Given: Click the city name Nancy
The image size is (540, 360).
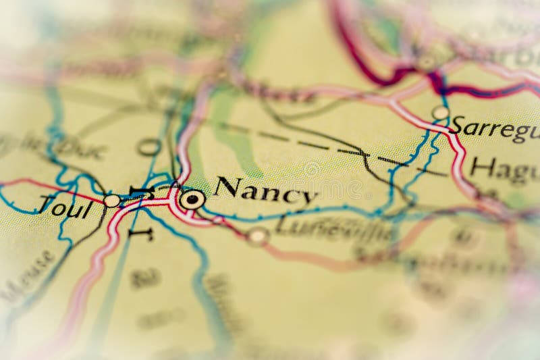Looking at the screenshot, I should pyautogui.click(x=266, y=191).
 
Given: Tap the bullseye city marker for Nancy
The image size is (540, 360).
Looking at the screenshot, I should pyautogui.click(x=193, y=199).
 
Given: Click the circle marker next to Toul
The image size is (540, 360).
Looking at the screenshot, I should pyautogui.click(x=112, y=201).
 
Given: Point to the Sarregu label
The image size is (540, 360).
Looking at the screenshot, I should pyautogui.click(x=494, y=128).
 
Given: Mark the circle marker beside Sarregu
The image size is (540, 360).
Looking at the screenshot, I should pyautogui.click(x=440, y=113).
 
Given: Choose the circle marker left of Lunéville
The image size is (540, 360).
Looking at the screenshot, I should pyautogui.click(x=258, y=236).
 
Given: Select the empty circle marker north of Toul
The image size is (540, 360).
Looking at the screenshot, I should pyautogui.click(x=148, y=147).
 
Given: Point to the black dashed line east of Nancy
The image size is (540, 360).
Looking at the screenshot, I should pyautogui.click(x=317, y=145).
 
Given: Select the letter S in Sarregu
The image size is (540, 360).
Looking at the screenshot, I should pyautogui.click(x=458, y=126).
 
